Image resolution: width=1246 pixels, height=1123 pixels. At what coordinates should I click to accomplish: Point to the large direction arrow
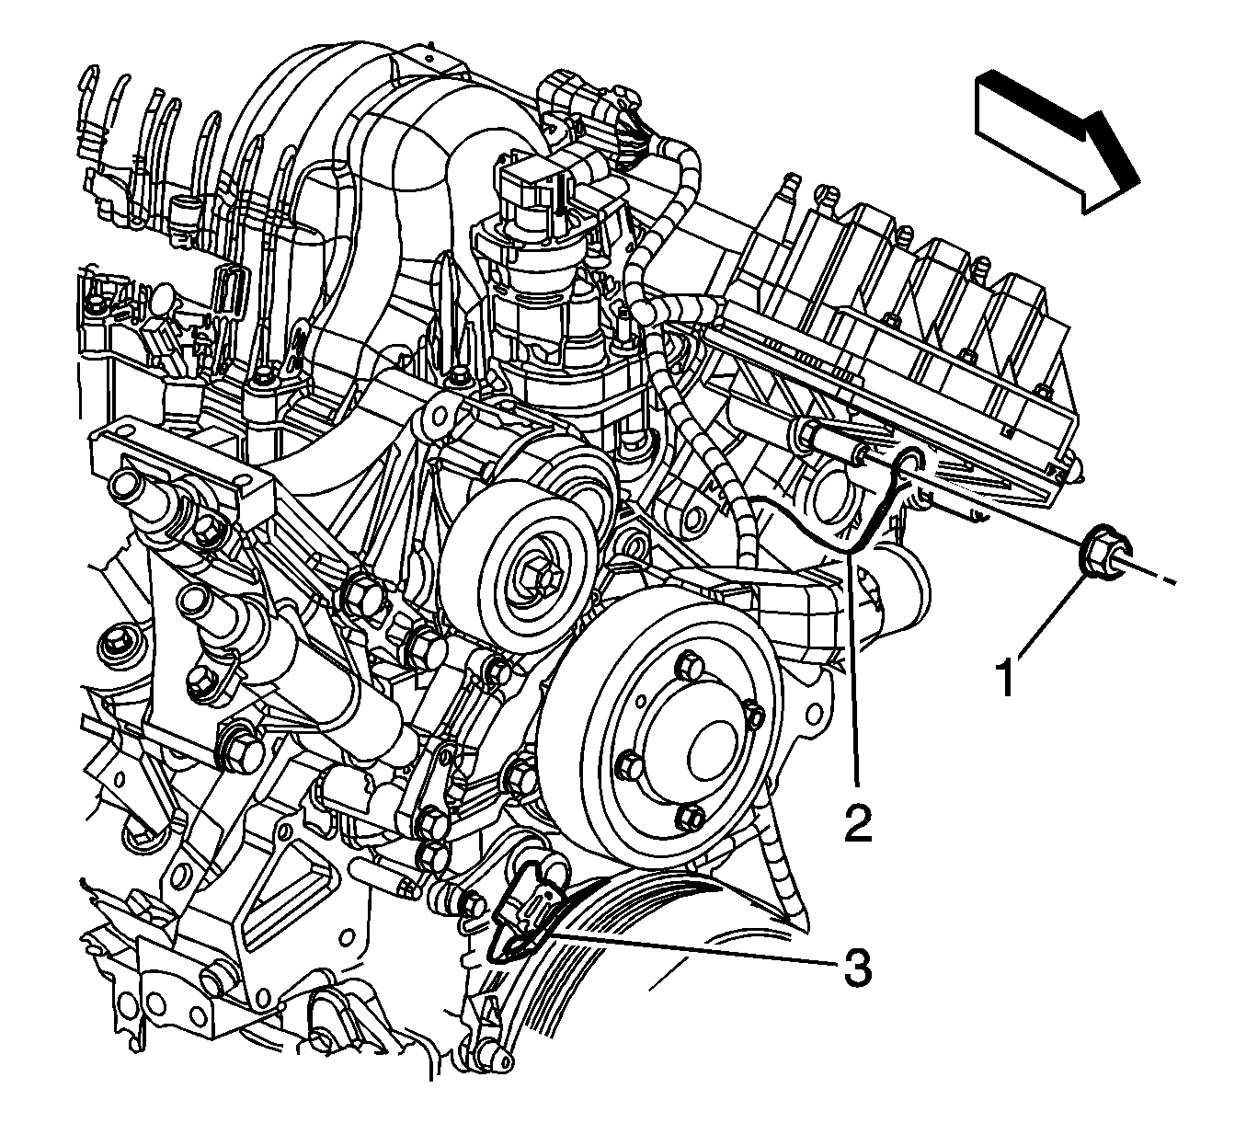pos(1057,139)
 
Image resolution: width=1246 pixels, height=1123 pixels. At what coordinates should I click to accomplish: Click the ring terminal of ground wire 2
pos(911,461)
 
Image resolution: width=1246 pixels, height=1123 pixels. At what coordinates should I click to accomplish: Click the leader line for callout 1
pos(1050,617)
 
